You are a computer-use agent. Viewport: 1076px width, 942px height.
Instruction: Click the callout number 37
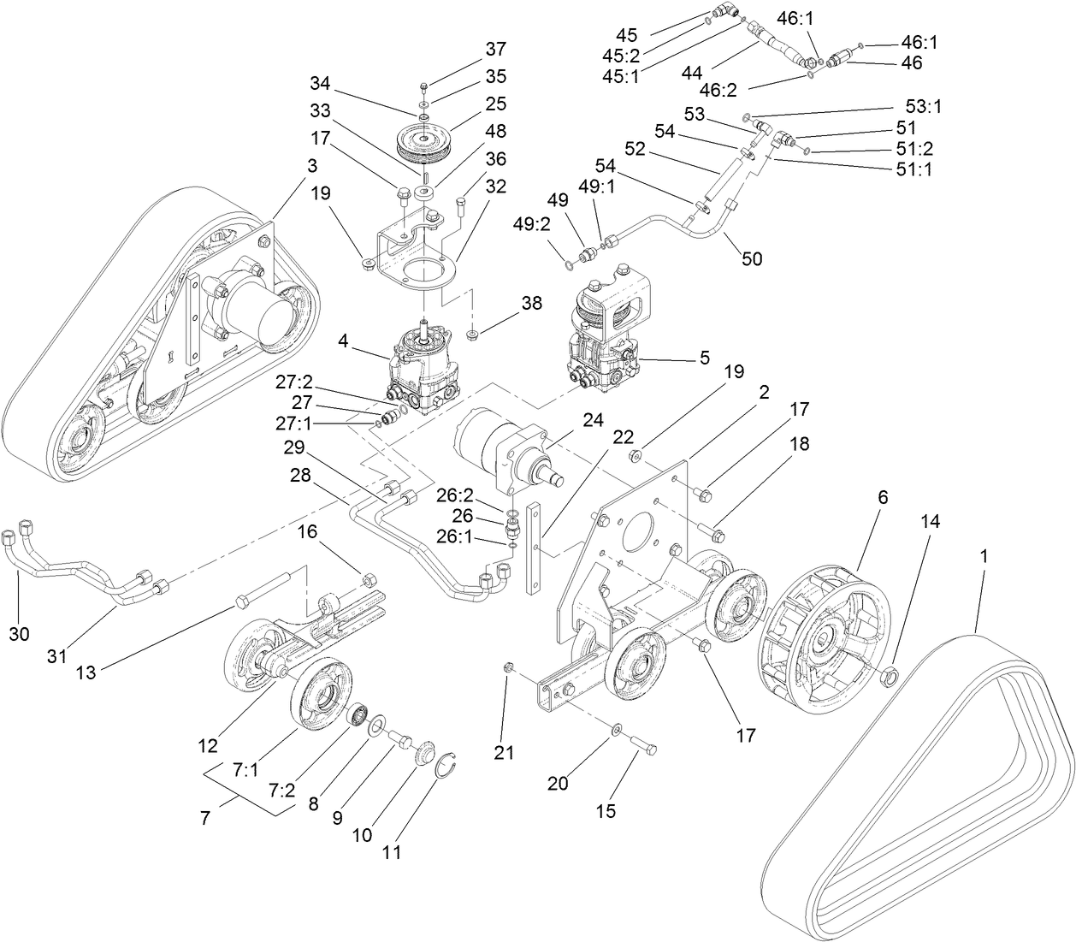496,49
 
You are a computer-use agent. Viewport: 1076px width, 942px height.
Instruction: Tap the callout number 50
752,258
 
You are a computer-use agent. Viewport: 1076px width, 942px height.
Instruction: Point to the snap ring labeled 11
447,767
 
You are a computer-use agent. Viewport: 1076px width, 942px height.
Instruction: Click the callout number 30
19,633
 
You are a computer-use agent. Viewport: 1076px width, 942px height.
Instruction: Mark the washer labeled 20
616,730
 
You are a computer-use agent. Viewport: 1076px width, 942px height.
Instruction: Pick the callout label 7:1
245,770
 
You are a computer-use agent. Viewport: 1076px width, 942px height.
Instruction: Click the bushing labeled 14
890,677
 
